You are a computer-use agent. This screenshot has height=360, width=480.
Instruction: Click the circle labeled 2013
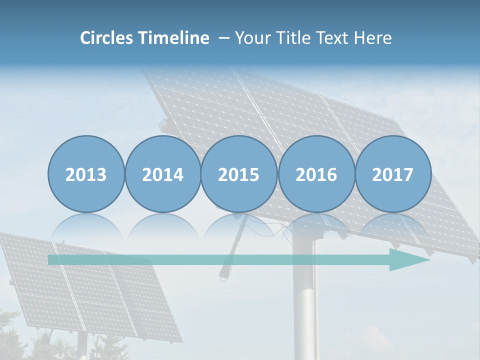[x=86, y=174]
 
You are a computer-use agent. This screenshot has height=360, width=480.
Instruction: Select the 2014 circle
[x=162, y=174]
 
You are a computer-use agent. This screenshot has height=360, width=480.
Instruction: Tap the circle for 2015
[x=239, y=174]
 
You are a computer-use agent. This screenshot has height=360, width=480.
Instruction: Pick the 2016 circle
[x=316, y=174]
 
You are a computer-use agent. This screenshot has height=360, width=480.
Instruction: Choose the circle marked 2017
[x=393, y=174]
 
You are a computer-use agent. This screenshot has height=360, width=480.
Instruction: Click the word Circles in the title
[x=107, y=38]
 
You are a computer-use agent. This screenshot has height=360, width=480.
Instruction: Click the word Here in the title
[x=373, y=38]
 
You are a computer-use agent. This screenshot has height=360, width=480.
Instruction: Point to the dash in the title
[x=224, y=38]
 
